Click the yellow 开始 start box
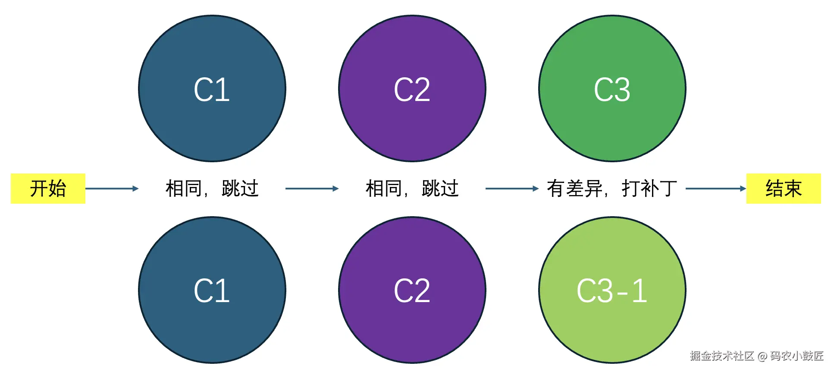pos(48,189)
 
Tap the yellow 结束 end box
pos(783,189)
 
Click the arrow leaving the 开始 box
pos(112,189)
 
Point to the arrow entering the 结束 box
pos(715,189)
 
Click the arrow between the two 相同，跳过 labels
pos(312,189)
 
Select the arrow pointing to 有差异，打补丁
pos(512,189)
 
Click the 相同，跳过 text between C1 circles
pos(212,189)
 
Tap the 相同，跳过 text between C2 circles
pos(412,189)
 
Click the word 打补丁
pos(649,189)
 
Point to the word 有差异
pos(574,189)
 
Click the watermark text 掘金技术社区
pos(721,356)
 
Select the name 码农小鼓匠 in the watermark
pos(797,356)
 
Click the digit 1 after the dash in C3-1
pos(640,291)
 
